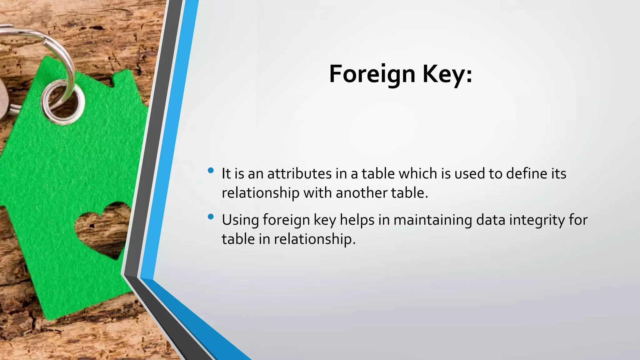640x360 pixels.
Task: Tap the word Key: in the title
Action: pyautogui.click(x=447, y=74)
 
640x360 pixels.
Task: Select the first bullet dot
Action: pyautogui.click(x=211, y=171)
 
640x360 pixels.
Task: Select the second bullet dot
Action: pyautogui.click(x=211, y=217)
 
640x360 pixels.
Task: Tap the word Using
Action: pyautogui.click(x=240, y=220)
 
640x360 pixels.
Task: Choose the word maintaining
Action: pyautogui.click(x=432, y=220)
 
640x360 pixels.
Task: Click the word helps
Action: pyautogui.click(x=357, y=220)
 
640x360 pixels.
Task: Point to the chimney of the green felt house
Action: pyautogui.click(x=123, y=78)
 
